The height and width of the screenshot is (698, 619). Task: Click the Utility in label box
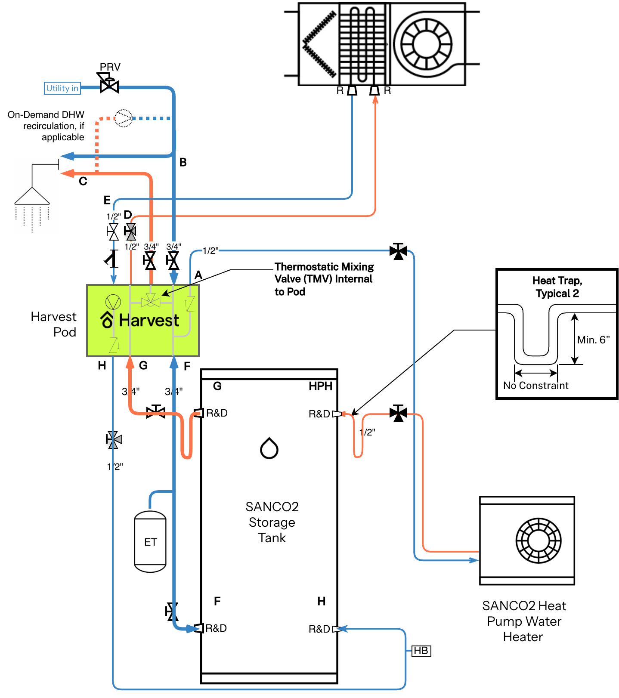click(x=62, y=88)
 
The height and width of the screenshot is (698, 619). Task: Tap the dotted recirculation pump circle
click(x=124, y=118)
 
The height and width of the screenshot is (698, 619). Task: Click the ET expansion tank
click(x=150, y=541)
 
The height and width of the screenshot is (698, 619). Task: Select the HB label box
click(x=421, y=651)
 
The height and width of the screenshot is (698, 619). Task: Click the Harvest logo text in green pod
click(x=149, y=320)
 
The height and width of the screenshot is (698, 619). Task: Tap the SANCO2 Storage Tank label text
click(x=272, y=522)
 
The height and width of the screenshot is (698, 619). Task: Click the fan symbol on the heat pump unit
click(x=538, y=540)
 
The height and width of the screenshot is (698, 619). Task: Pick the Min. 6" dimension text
click(x=593, y=340)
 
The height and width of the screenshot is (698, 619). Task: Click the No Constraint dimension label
click(x=536, y=385)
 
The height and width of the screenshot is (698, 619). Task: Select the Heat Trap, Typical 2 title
click(x=557, y=287)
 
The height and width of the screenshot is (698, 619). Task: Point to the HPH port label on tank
click(x=320, y=386)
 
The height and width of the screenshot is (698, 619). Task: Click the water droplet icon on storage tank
click(x=269, y=448)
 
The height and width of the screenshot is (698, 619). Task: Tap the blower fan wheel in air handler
click(x=426, y=44)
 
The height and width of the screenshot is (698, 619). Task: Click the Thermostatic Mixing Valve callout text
click(x=324, y=279)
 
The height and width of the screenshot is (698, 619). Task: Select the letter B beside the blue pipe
click(x=183, y=162)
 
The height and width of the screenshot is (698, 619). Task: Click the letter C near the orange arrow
click(x=83, y=181)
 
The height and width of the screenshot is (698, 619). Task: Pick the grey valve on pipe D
click(x=130, y=232)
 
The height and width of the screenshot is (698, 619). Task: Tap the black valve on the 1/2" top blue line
click(x=398, y=251)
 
